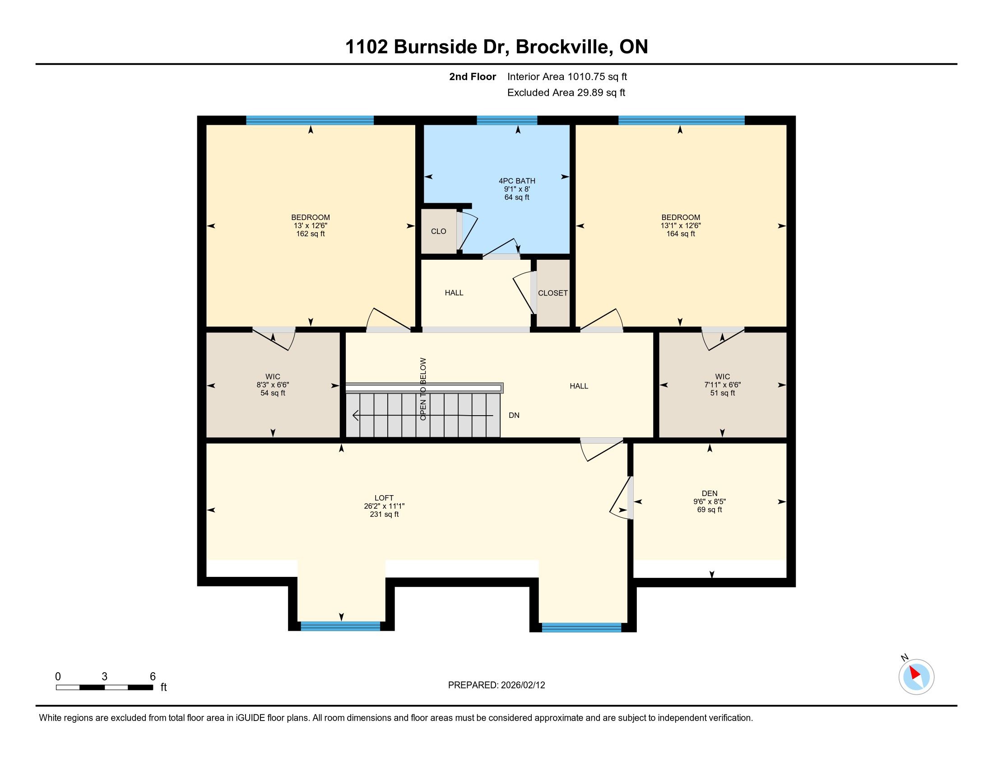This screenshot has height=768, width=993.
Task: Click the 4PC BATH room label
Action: tap(517, 181)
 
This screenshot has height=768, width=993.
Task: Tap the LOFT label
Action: tap(384, 498)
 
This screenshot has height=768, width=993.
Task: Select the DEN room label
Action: tap(709, 493)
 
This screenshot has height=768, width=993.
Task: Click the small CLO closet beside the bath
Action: tap(439, 231)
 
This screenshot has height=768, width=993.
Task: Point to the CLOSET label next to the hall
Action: tap(553, 293)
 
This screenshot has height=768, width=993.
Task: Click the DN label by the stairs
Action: tap(514, 415)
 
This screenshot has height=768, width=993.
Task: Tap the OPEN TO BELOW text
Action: tap(423, 389)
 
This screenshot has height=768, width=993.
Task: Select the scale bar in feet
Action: tap(104, 687)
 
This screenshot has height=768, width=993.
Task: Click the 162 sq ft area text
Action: tap(311, 234)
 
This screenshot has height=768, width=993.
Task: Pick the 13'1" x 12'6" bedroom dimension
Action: tap(681, 226)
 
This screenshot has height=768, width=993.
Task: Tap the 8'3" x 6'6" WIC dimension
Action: tap(273, 385)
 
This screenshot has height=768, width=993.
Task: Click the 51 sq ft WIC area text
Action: tap(723, 393)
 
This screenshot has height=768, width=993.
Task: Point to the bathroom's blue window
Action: tap(507, 120)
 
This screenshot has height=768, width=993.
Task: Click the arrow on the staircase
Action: tap(423, 416)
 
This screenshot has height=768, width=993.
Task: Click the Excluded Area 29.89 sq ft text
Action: tap(566, 93)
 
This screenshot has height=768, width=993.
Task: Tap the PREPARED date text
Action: tap(496, 685)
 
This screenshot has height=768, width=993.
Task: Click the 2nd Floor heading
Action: tap(473, 77)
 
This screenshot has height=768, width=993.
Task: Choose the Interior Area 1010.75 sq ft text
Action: tap(567, 77)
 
